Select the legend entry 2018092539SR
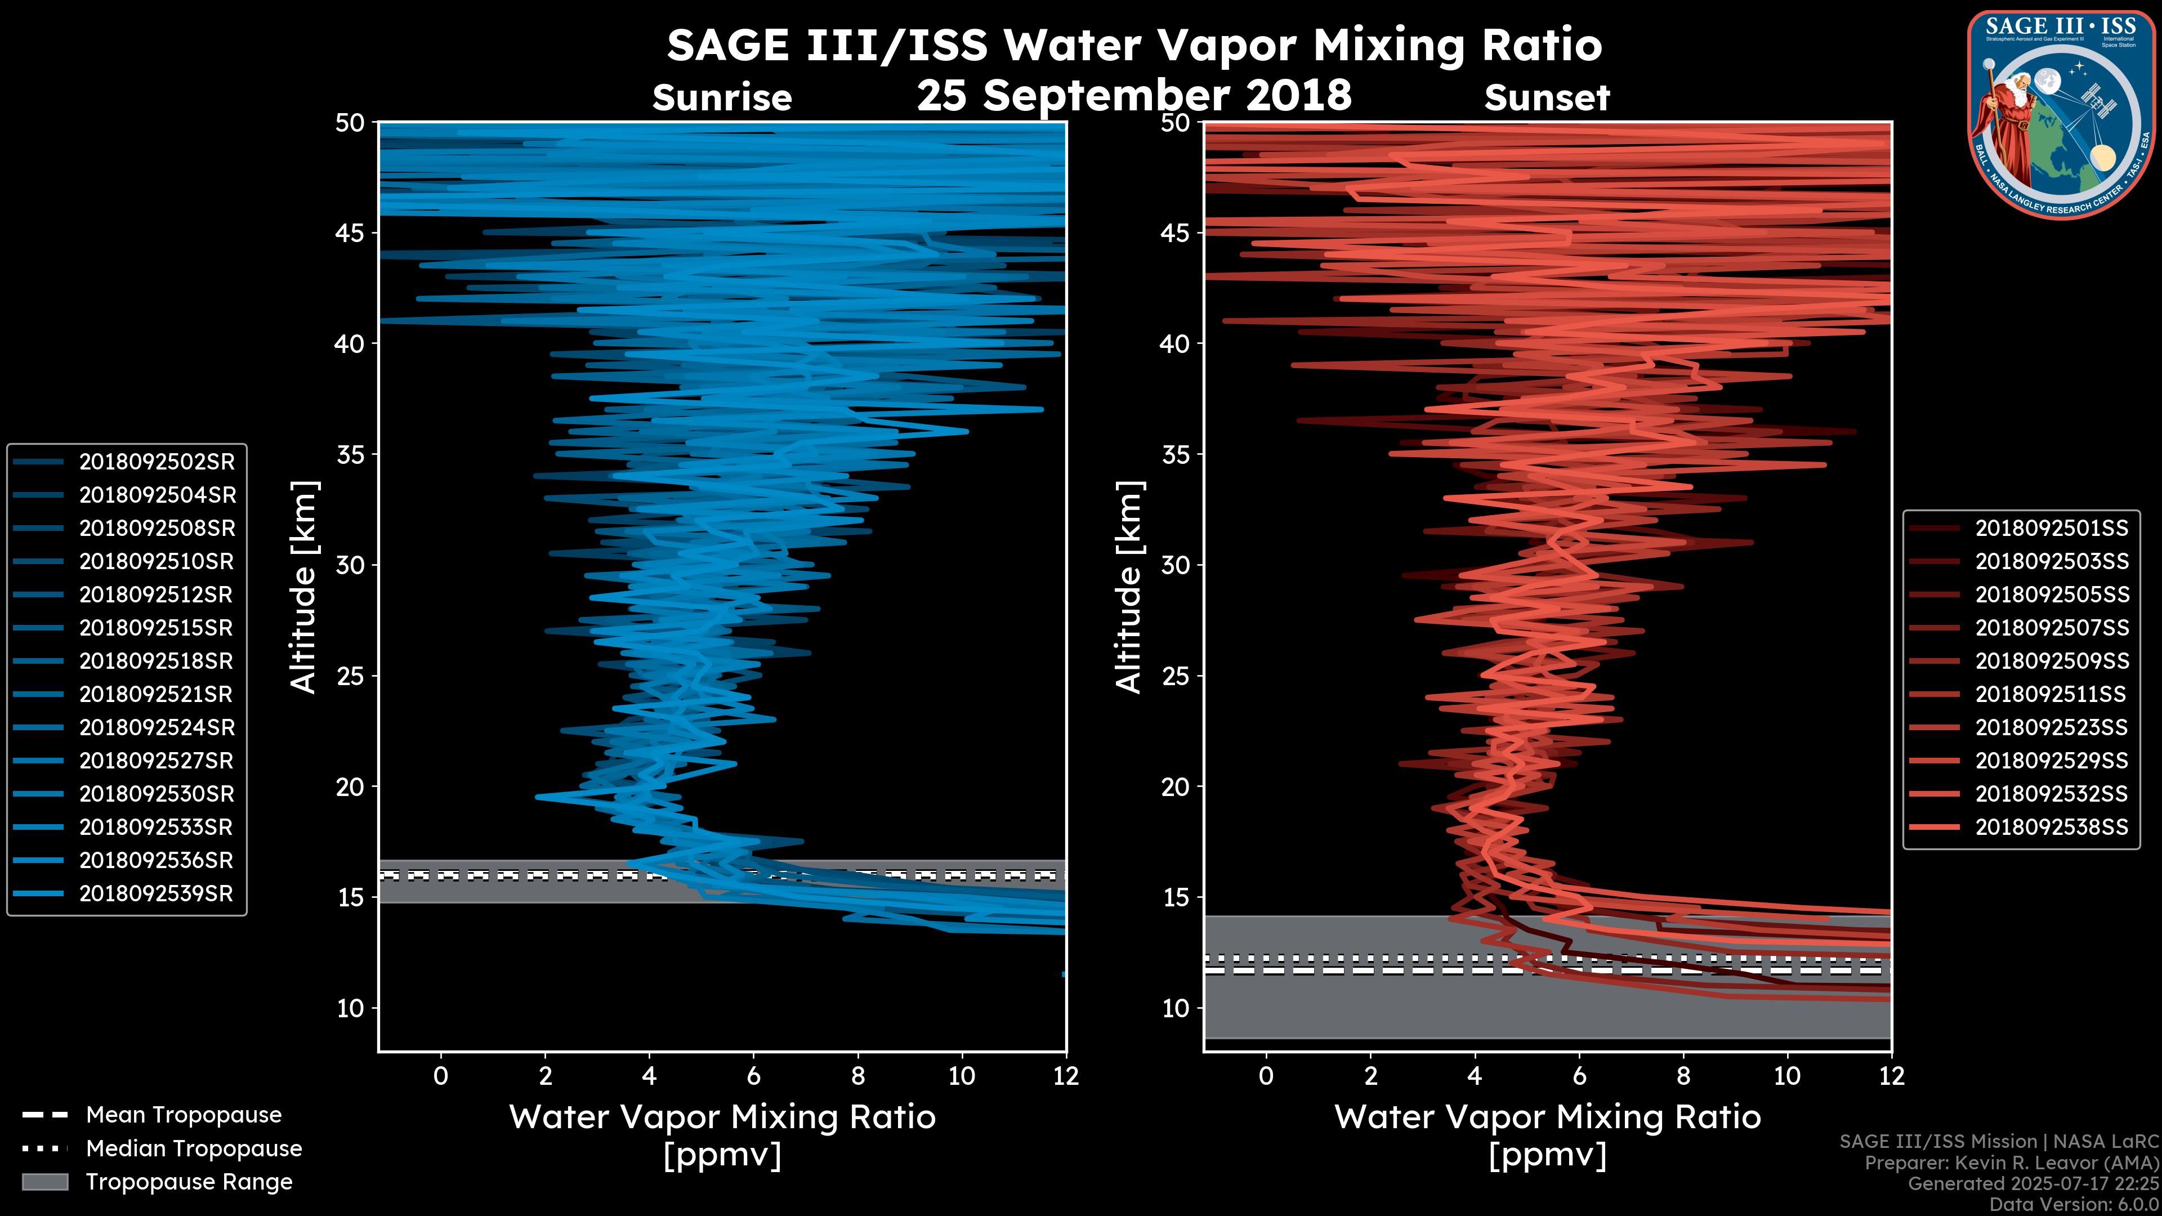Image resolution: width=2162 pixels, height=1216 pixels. [155, 894]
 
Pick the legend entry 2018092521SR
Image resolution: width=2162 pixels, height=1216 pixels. [155, 695]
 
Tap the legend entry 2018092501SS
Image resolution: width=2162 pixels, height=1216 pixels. [2051, 529]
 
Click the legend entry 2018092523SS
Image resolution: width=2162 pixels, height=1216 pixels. [2051, 727]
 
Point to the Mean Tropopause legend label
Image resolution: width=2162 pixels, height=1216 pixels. [183, 1115]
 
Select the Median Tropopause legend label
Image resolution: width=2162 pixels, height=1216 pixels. [193, 1149]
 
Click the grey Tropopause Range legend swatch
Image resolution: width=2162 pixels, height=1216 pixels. [44, 1182]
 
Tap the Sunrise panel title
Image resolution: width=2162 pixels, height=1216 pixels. [722, 98]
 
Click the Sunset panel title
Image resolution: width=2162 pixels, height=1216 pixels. [1547, 98]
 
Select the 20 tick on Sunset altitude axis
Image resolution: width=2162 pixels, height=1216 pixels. [1177, 787]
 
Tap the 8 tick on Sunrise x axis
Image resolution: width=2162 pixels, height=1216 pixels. [857, 1076]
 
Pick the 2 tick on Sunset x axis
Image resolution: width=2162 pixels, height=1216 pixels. [1370, 1076]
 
